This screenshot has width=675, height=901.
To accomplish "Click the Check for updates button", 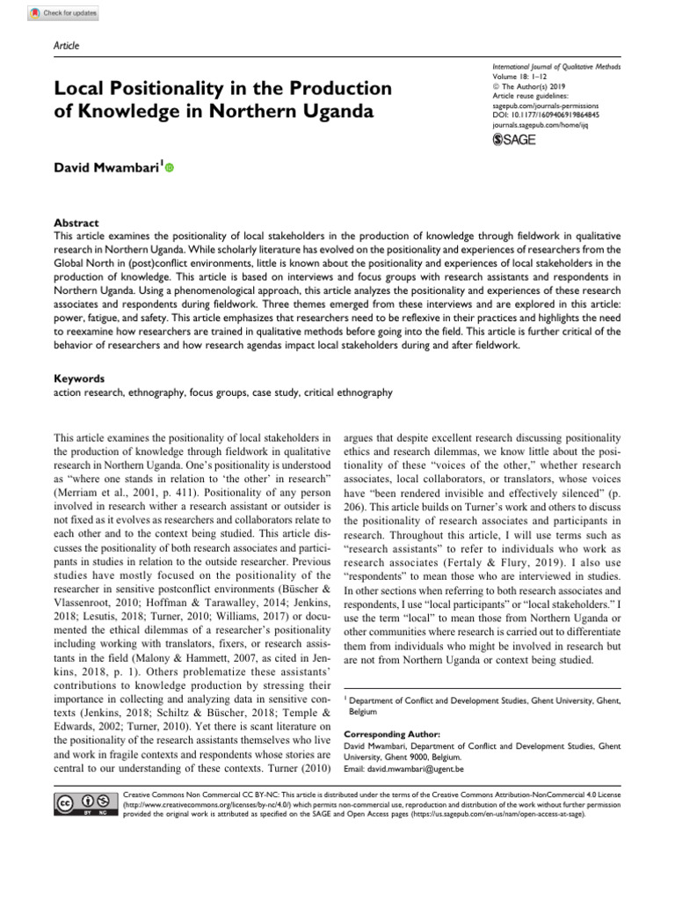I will pyautogui.click(x=64, y=14).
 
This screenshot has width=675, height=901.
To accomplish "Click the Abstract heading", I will pyautogui.click(x=76, y=223).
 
